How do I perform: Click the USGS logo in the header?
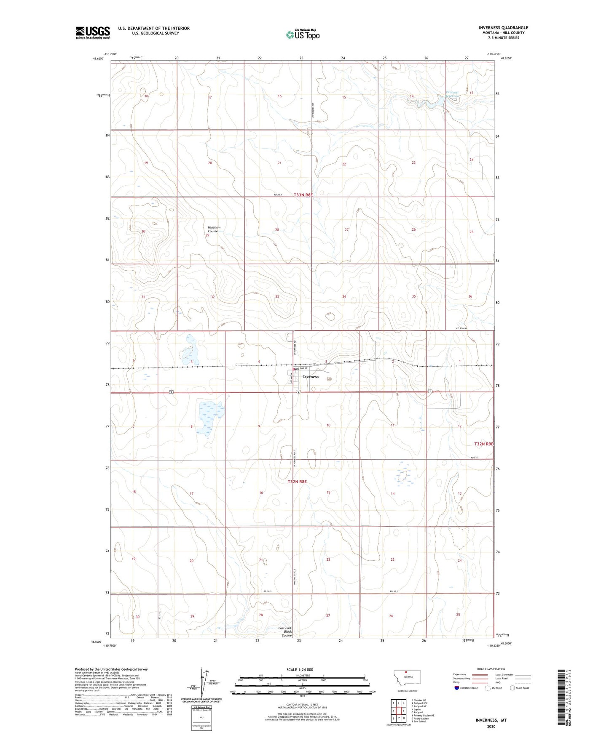[x=93, y=32]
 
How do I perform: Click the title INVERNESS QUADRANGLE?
[x=503, y=28]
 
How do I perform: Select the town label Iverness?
[x=311, y=376]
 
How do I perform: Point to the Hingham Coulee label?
[x=214, y=229]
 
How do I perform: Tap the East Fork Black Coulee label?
[x=286, y=631]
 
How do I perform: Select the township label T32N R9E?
[x=483, y=444]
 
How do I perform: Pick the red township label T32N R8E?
[x=297, y=481]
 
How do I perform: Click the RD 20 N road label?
[x=278, y=194]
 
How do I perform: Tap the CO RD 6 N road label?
[x=462, y=328]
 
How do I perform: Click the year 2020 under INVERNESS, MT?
[x=491, y=726]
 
